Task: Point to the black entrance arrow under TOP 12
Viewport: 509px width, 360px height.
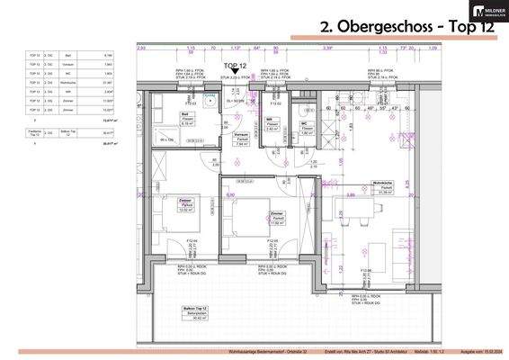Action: coord(237,82)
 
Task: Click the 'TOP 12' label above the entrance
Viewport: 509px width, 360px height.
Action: coord(237,67)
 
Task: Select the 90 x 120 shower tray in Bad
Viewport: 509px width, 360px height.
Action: coord(167,139)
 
